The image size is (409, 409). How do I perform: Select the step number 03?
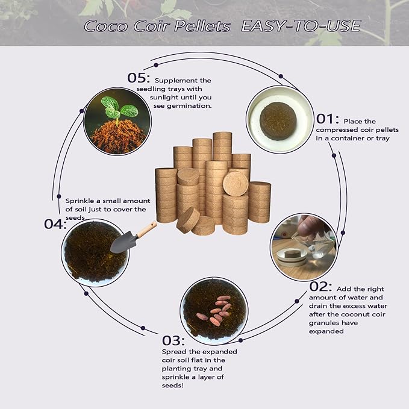(x=174, y=340)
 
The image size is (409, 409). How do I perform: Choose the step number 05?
(x=139, y=78)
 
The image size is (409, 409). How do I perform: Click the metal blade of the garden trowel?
(x=122, y=242)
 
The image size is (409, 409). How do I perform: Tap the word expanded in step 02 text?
(x=326, y=331)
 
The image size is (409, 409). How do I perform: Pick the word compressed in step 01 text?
(x=336, y=130)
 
